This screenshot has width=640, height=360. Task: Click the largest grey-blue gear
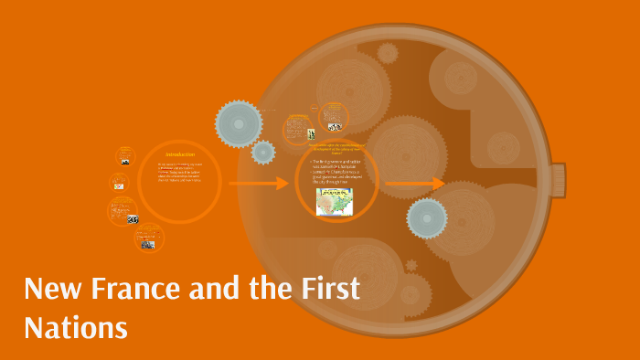pos(239,121)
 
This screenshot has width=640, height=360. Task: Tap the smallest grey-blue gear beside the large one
pos(263,152)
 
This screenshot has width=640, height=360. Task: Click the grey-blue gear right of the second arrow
pos(426,218)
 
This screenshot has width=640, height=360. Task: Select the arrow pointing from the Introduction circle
pos(258,184)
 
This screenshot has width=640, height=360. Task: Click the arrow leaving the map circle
pos(413,184)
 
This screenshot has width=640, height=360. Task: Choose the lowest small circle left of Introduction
pos(148,238)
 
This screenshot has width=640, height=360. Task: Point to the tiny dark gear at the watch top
pos(388,52)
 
